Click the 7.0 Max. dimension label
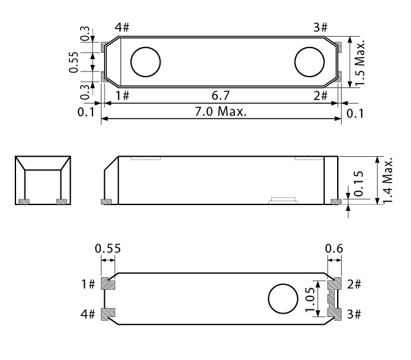pyautogui.click(x=220, y=111)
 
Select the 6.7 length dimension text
pyautogui.click(x=221, y=96)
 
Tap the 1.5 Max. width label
pyautogui.click(x=360, y=63)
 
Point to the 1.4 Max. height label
pyautogui.click(x=388, y=180)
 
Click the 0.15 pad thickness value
pyautogui.click(x=358, y=183)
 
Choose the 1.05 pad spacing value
pyautogui.click(x=310, y=299)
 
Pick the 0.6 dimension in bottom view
pyautogui.click(x=334, y=248)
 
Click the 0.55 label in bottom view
pyautogui.click(x=108, y=248)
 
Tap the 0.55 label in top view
pyautogui.click(x=74, y=62)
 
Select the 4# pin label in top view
pyautogui.click(x=122, y=27)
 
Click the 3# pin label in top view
pyautogui.click(x=320, y=27)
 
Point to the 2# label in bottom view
pyautogui.click(x=354, y=284)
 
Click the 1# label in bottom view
pyautogui.click(x=88, y=284)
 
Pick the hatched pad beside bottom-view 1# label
pyautogui.click(x=108, y=283)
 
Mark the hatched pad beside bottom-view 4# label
pyautogui.click(x=108, y=314)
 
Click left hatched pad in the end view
pyautogui.click(x=24, y=201)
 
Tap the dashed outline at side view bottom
pyautogui.click(x=283, y=200)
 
